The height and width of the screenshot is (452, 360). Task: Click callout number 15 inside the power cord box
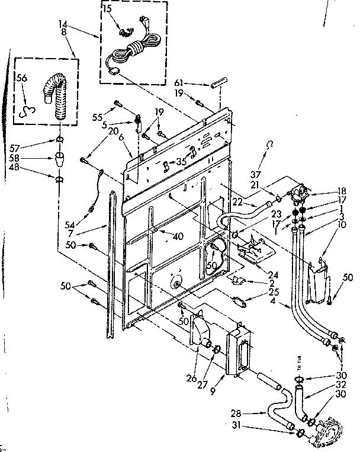(x=107, y=9)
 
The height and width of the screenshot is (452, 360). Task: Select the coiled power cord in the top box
(x=134, y=49)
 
